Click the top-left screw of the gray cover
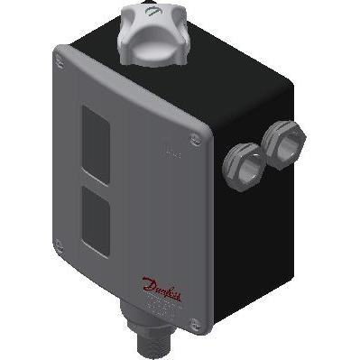pos(60,60)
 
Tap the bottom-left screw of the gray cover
pos(58,242)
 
